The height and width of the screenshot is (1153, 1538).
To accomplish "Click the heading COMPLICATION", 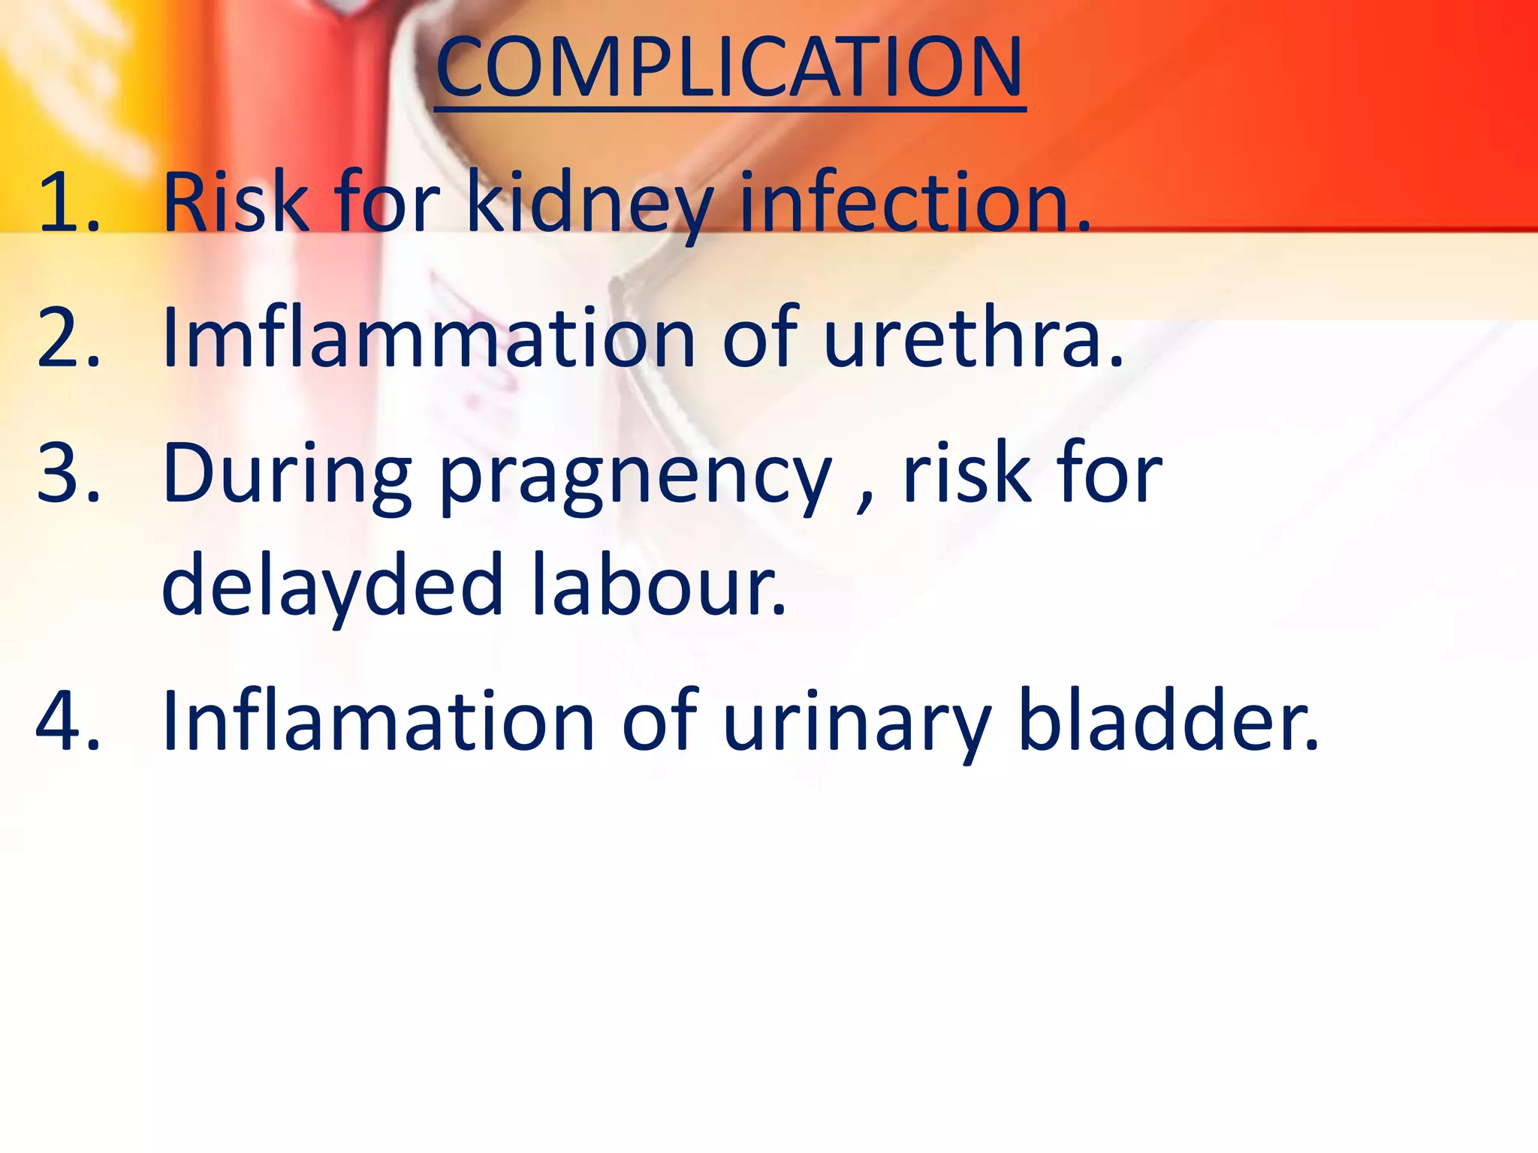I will click(x=729, y=69).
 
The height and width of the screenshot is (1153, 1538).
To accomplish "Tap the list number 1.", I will click(x=68, y=203).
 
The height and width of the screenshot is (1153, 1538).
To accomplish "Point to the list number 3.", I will click(x=68, y=474).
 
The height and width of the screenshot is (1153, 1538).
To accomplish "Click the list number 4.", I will click(x=68, y=722).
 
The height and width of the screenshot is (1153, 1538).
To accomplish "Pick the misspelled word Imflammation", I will click(x=429, y=338).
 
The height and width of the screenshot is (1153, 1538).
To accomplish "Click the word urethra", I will click(x=972, y=338).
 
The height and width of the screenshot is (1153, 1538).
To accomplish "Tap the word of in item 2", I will click(x=759, y=338).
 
